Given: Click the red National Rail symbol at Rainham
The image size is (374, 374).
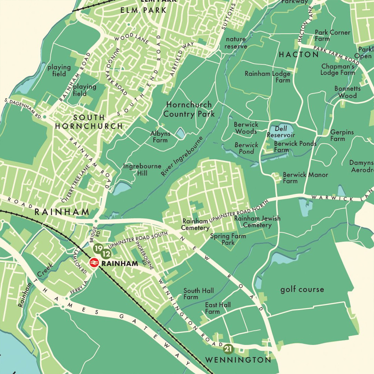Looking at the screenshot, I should (94, 263).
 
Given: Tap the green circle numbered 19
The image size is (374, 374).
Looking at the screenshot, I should (98, 248).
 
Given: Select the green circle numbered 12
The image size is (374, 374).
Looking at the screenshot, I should (106, 254).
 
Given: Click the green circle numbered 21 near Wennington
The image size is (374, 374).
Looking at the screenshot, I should (228, 348).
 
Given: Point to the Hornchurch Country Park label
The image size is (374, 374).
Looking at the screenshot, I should (189, 109).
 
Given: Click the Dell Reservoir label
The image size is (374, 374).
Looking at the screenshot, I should (280, 132).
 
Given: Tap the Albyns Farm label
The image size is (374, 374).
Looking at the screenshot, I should (160, 137).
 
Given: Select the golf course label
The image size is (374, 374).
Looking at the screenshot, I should (302, 290).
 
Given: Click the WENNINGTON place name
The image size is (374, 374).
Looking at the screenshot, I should (238, 360).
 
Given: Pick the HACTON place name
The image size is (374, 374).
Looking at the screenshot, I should (299, 55).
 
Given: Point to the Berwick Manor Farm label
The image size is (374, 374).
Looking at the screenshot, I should (305, 178).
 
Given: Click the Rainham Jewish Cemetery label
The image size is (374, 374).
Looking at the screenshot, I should (257, 222).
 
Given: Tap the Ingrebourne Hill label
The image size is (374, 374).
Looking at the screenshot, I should (142, 170).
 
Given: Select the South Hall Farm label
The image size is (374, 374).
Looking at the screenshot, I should (199, 294).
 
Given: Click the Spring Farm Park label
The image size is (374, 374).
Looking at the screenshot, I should (228, 239).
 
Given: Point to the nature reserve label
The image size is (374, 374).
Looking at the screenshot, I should (236, 43).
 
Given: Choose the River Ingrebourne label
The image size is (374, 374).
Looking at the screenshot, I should (182, 156).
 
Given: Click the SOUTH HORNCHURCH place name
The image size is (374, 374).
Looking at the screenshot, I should (89, 122).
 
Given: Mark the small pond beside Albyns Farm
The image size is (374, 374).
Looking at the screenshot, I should (180, 133).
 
